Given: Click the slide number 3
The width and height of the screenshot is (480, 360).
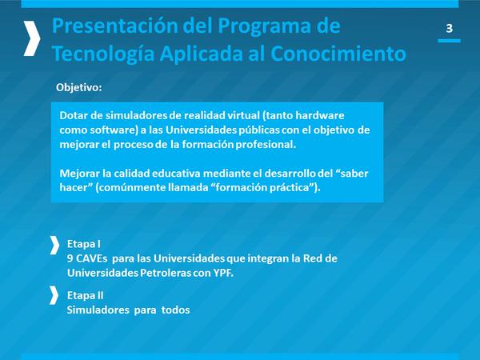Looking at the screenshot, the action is point(449,28).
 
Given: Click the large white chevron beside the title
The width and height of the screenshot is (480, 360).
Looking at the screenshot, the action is point(32,38).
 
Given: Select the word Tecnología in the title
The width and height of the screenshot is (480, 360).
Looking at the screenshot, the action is point(103,54).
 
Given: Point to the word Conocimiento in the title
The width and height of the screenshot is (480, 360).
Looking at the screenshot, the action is point(338,54).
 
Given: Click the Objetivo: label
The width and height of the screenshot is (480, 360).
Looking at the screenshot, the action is point(78,87).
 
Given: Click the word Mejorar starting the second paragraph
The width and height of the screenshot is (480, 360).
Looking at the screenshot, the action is point(80,174).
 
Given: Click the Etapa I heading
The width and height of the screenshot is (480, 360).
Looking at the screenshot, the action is point(83,244).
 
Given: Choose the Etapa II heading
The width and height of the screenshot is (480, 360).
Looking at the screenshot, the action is point(85,296).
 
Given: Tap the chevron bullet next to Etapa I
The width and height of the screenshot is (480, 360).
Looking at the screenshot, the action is point(54,246).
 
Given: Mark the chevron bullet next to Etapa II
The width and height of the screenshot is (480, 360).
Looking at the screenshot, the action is point(54,295).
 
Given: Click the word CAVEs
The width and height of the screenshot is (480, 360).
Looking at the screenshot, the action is point(91,258).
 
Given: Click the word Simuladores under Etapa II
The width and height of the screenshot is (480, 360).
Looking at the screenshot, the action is point(98,310).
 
